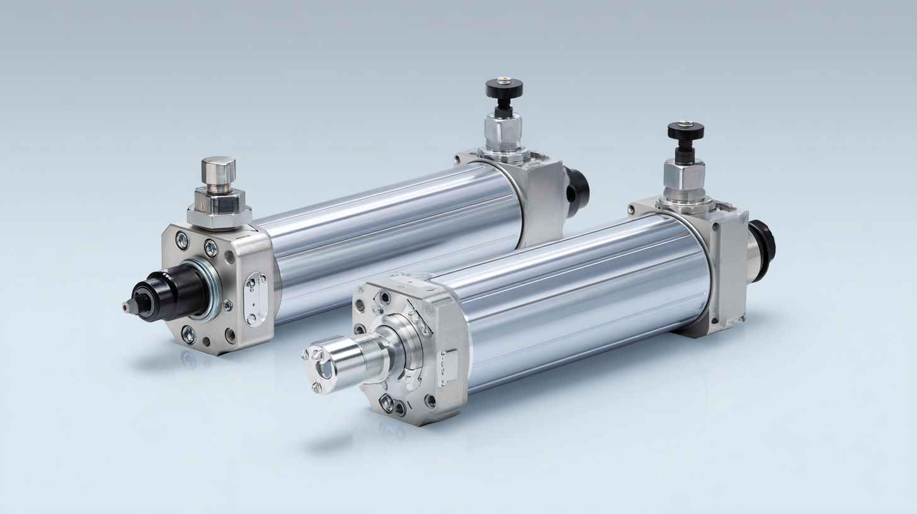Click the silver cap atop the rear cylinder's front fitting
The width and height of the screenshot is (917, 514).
[219, 171]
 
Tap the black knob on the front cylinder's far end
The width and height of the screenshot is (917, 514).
[686, 131]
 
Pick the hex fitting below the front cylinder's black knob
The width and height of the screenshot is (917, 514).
[684, 176]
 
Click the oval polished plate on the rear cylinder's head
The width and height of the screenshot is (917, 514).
[256, 299]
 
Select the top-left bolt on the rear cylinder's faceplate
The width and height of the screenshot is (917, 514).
[182, 240]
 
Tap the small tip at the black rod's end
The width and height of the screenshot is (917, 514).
[127, 307]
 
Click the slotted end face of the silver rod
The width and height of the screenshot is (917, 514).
[320, 367]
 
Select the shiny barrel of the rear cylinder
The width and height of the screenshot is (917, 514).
[390, 239]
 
